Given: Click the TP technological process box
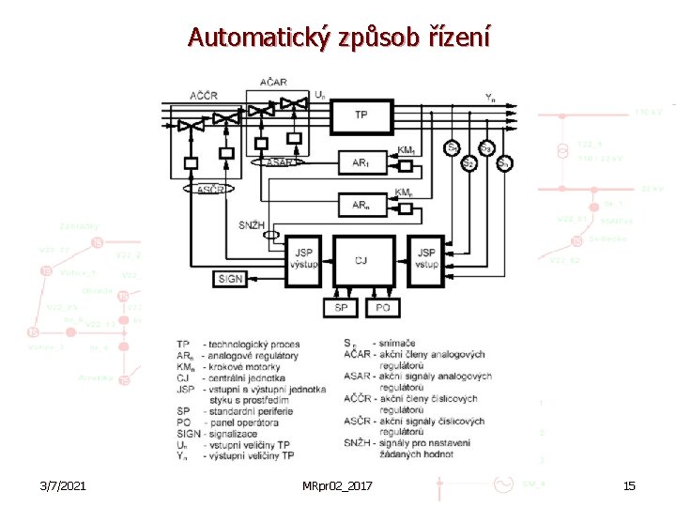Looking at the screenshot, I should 361,115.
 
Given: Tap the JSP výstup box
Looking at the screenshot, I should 304,258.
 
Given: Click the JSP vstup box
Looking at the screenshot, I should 426,258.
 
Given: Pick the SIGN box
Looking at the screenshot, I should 230,279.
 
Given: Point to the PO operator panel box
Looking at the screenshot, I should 382,307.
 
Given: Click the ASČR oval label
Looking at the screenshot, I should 211,190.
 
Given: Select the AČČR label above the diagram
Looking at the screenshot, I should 207,96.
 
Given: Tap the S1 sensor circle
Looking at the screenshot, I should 453,148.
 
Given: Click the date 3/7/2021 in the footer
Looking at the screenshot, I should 65,485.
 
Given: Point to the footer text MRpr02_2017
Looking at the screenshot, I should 338,485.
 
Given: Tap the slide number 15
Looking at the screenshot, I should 629,485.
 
